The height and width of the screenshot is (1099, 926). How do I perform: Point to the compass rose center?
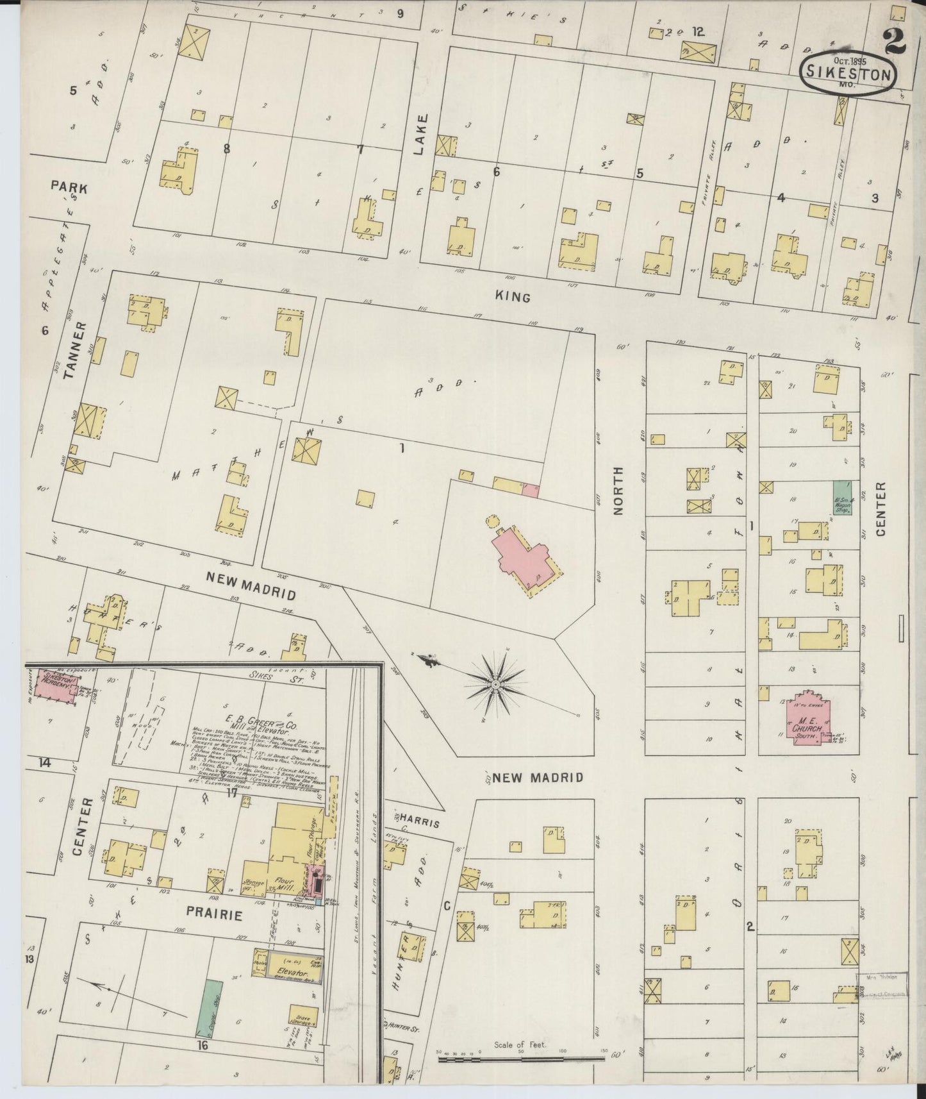(495, 685)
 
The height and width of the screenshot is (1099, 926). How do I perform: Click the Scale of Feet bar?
(521, 1059)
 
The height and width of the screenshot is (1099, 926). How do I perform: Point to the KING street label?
(513, 297)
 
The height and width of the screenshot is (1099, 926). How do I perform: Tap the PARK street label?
(69, 188)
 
